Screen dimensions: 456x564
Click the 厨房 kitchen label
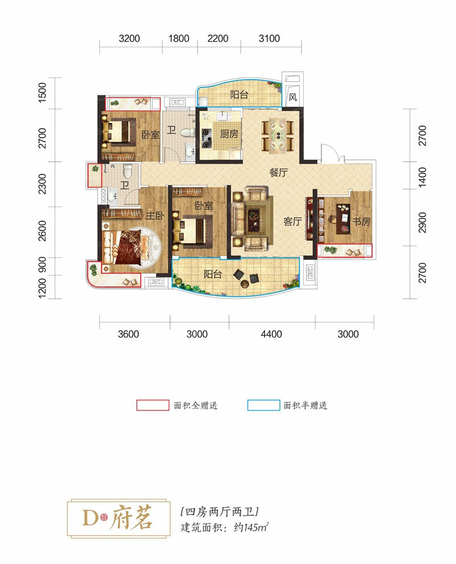pyautogui.click(x=229, y=134)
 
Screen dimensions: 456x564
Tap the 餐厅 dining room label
pyautogui.click(x=279, y=172)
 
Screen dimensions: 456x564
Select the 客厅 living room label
pyautogui.click(x=292, y=221)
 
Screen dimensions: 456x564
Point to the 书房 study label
pyautogui.click(x=361, y=221)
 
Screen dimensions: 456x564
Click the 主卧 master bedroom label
pyautogui.click(x=155, y=215)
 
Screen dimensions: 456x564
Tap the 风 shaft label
pyautogui.click(x=293, y=97)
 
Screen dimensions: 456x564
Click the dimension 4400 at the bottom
pyautogui.click(x=271, y=334)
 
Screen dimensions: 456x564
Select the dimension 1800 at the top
pyautogui.click(x=178, y=39)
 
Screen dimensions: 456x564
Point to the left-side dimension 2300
pyautogui.click(x=43, y=184)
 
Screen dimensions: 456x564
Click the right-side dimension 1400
pyautogui.click(x=422, y=177)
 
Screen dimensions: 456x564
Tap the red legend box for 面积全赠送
pyautogui.click(x=153, y=405)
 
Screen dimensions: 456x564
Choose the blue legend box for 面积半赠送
pyautogui.click(x=264, y=405)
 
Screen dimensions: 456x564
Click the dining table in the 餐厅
pyautogui.click(x=278, y=135)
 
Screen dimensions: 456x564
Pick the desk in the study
pyautogui.click(x=343, y=219)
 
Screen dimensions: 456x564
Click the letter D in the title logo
pyautogui.click(x=90, y=518)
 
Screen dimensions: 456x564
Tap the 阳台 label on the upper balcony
pyautogui.click(x=239, y=94)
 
